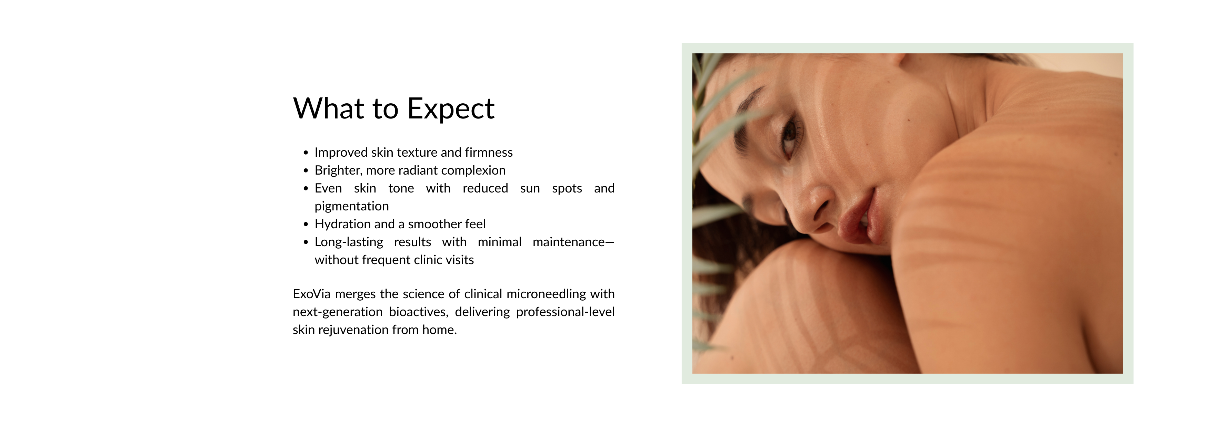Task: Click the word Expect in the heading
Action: (451, 109)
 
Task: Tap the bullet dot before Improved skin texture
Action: (306, 153)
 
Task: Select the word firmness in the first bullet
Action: (489, 152)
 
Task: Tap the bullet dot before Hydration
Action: (306, 224)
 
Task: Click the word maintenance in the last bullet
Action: (569, 242)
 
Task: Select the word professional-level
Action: (565, 312)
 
